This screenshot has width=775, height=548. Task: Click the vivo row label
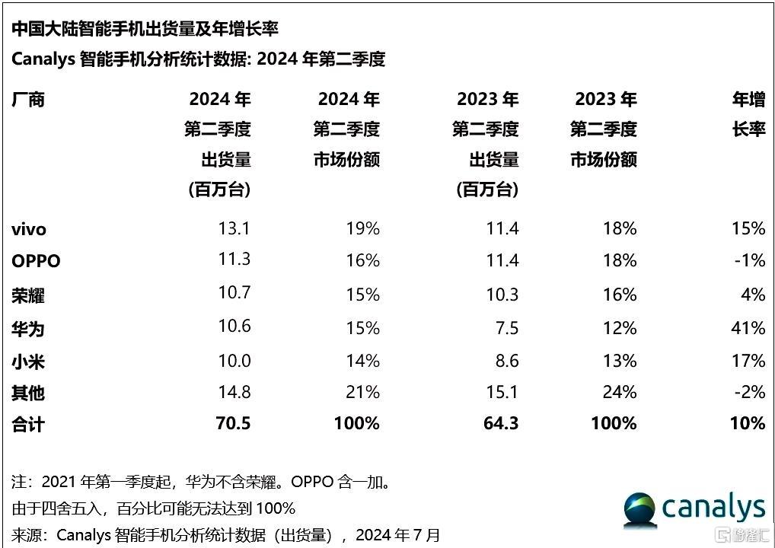[29, 228]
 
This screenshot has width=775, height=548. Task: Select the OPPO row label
[36, 261]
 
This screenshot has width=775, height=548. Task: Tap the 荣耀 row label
[29, 295]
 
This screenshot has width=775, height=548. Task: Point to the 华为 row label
[29, 328]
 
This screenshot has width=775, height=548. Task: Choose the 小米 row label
[29, 361]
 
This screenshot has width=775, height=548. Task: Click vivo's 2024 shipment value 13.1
[234, 228]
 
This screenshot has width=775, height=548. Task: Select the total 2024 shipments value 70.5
[233, 423]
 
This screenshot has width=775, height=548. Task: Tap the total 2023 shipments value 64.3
[502, 423]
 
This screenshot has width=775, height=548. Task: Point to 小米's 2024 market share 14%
[362, 361]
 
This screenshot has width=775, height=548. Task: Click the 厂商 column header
[29, 100]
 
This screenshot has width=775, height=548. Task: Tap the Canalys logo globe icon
[641, 508]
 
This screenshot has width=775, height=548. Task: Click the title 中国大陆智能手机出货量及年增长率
[145, 29]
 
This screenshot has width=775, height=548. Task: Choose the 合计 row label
[29, 424]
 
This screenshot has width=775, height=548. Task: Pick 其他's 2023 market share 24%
[619, 392]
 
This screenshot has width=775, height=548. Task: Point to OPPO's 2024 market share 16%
[362, 261]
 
